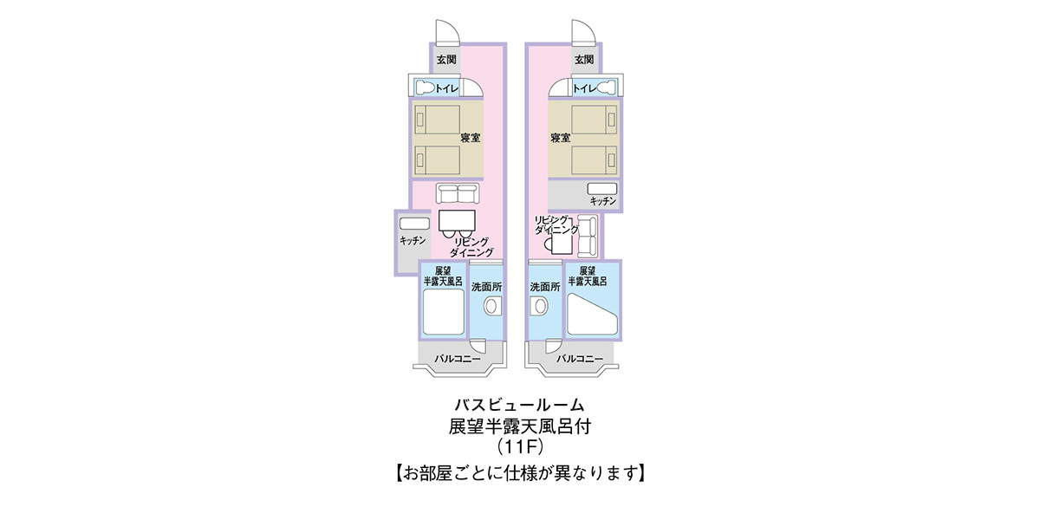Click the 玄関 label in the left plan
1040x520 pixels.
(446, 60)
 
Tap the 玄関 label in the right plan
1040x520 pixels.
(584, 60)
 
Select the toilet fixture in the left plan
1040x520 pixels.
(425, 88)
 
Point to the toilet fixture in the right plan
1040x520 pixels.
(607, 88)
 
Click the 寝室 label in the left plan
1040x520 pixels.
(471, 138)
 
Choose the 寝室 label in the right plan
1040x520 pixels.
(561, 138)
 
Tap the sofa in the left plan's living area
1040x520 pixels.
(458, 193)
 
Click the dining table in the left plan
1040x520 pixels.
(457, 220)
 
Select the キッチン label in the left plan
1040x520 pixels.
(413, 241)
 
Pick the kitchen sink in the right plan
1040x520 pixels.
(602, 189)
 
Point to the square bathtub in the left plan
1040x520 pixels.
(444, 312)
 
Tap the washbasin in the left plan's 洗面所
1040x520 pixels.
(491, 307)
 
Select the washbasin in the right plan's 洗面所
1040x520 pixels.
(540, 307)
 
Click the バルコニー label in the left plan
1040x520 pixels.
(458, 359)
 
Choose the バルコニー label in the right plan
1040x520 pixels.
(580, 359)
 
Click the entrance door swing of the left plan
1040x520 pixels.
(446, 31)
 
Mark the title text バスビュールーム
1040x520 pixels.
(519, 406)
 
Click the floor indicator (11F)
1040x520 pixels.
(519, 447)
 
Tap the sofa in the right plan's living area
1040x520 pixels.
(588, 237)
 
